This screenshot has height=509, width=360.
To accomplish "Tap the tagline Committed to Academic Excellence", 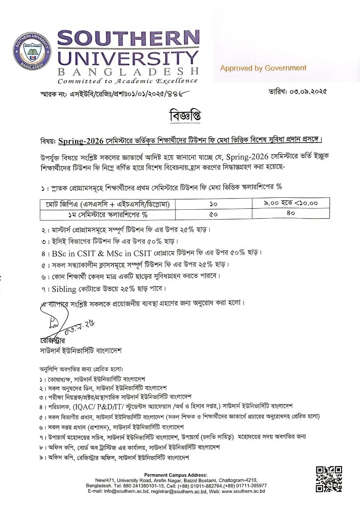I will coord(127,81).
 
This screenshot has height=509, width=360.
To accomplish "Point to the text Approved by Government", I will coord(264,68).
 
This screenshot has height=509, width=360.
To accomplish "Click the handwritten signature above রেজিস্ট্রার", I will coord(60,324).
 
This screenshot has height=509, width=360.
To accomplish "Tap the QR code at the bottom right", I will coord(329,479).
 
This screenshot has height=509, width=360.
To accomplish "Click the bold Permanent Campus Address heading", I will coord(180,476).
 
